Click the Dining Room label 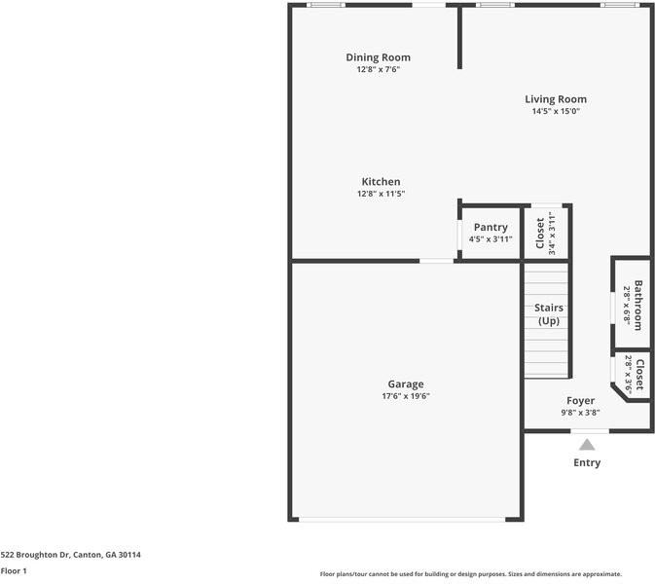coord(378,57)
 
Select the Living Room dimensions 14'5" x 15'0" coord(556,111)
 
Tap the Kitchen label coord(381,182)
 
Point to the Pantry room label coord(491,227)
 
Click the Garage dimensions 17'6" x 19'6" coord(405,396)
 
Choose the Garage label coord(405,383)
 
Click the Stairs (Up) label coord(548,314)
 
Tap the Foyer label coord(580,400)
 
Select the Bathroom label coord(638,306)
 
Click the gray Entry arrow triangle coord(587,444)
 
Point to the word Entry coord(587,462)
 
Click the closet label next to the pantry coord(541,233)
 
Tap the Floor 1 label coord(14,570)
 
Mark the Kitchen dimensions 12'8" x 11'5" coord(381,194)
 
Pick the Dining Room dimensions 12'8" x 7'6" coord(378,69)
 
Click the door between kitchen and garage coord(436,260)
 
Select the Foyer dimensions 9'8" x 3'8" coord(580,412)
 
